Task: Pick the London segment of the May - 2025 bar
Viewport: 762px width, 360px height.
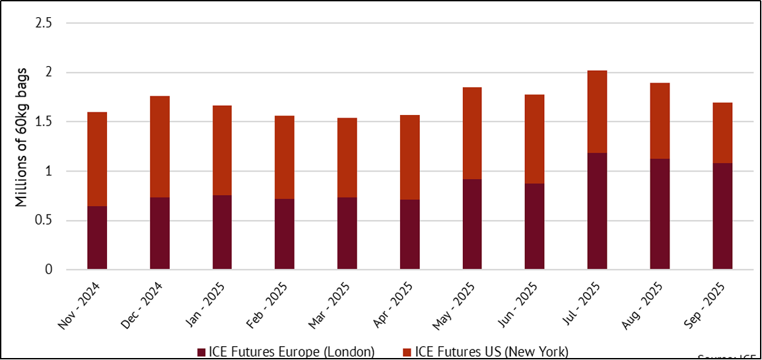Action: point(472,224)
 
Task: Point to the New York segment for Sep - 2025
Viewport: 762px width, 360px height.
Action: point(722,133)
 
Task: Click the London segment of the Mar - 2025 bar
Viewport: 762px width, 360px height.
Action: point(347,233)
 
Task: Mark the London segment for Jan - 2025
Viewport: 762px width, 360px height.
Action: point(222,233)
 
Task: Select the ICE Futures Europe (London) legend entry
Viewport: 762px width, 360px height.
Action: point(291,351)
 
